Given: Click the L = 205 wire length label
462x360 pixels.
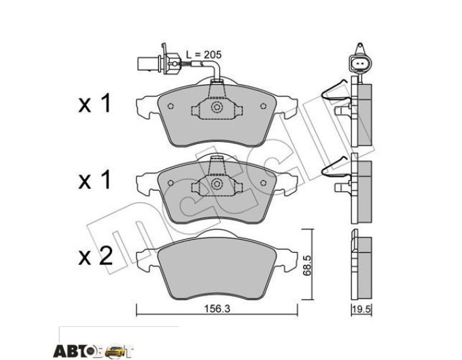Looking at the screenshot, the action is (204, 55).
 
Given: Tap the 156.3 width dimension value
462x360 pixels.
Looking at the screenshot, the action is (217, 309).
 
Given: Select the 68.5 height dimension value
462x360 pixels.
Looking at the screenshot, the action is (307, 266).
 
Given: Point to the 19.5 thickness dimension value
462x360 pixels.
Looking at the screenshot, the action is (362, 310).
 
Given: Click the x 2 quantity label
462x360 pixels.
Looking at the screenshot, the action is (95, 255).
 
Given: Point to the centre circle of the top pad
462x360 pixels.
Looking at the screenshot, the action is (217, 107).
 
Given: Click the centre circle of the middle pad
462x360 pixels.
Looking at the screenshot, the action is (217, 184).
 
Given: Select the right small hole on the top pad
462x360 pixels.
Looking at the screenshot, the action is (264, 106).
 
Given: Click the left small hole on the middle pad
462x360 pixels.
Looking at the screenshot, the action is (170, 183).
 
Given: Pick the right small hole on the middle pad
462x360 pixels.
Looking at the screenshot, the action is (264, 183).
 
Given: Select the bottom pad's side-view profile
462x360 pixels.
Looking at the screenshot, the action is (361, 265).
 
